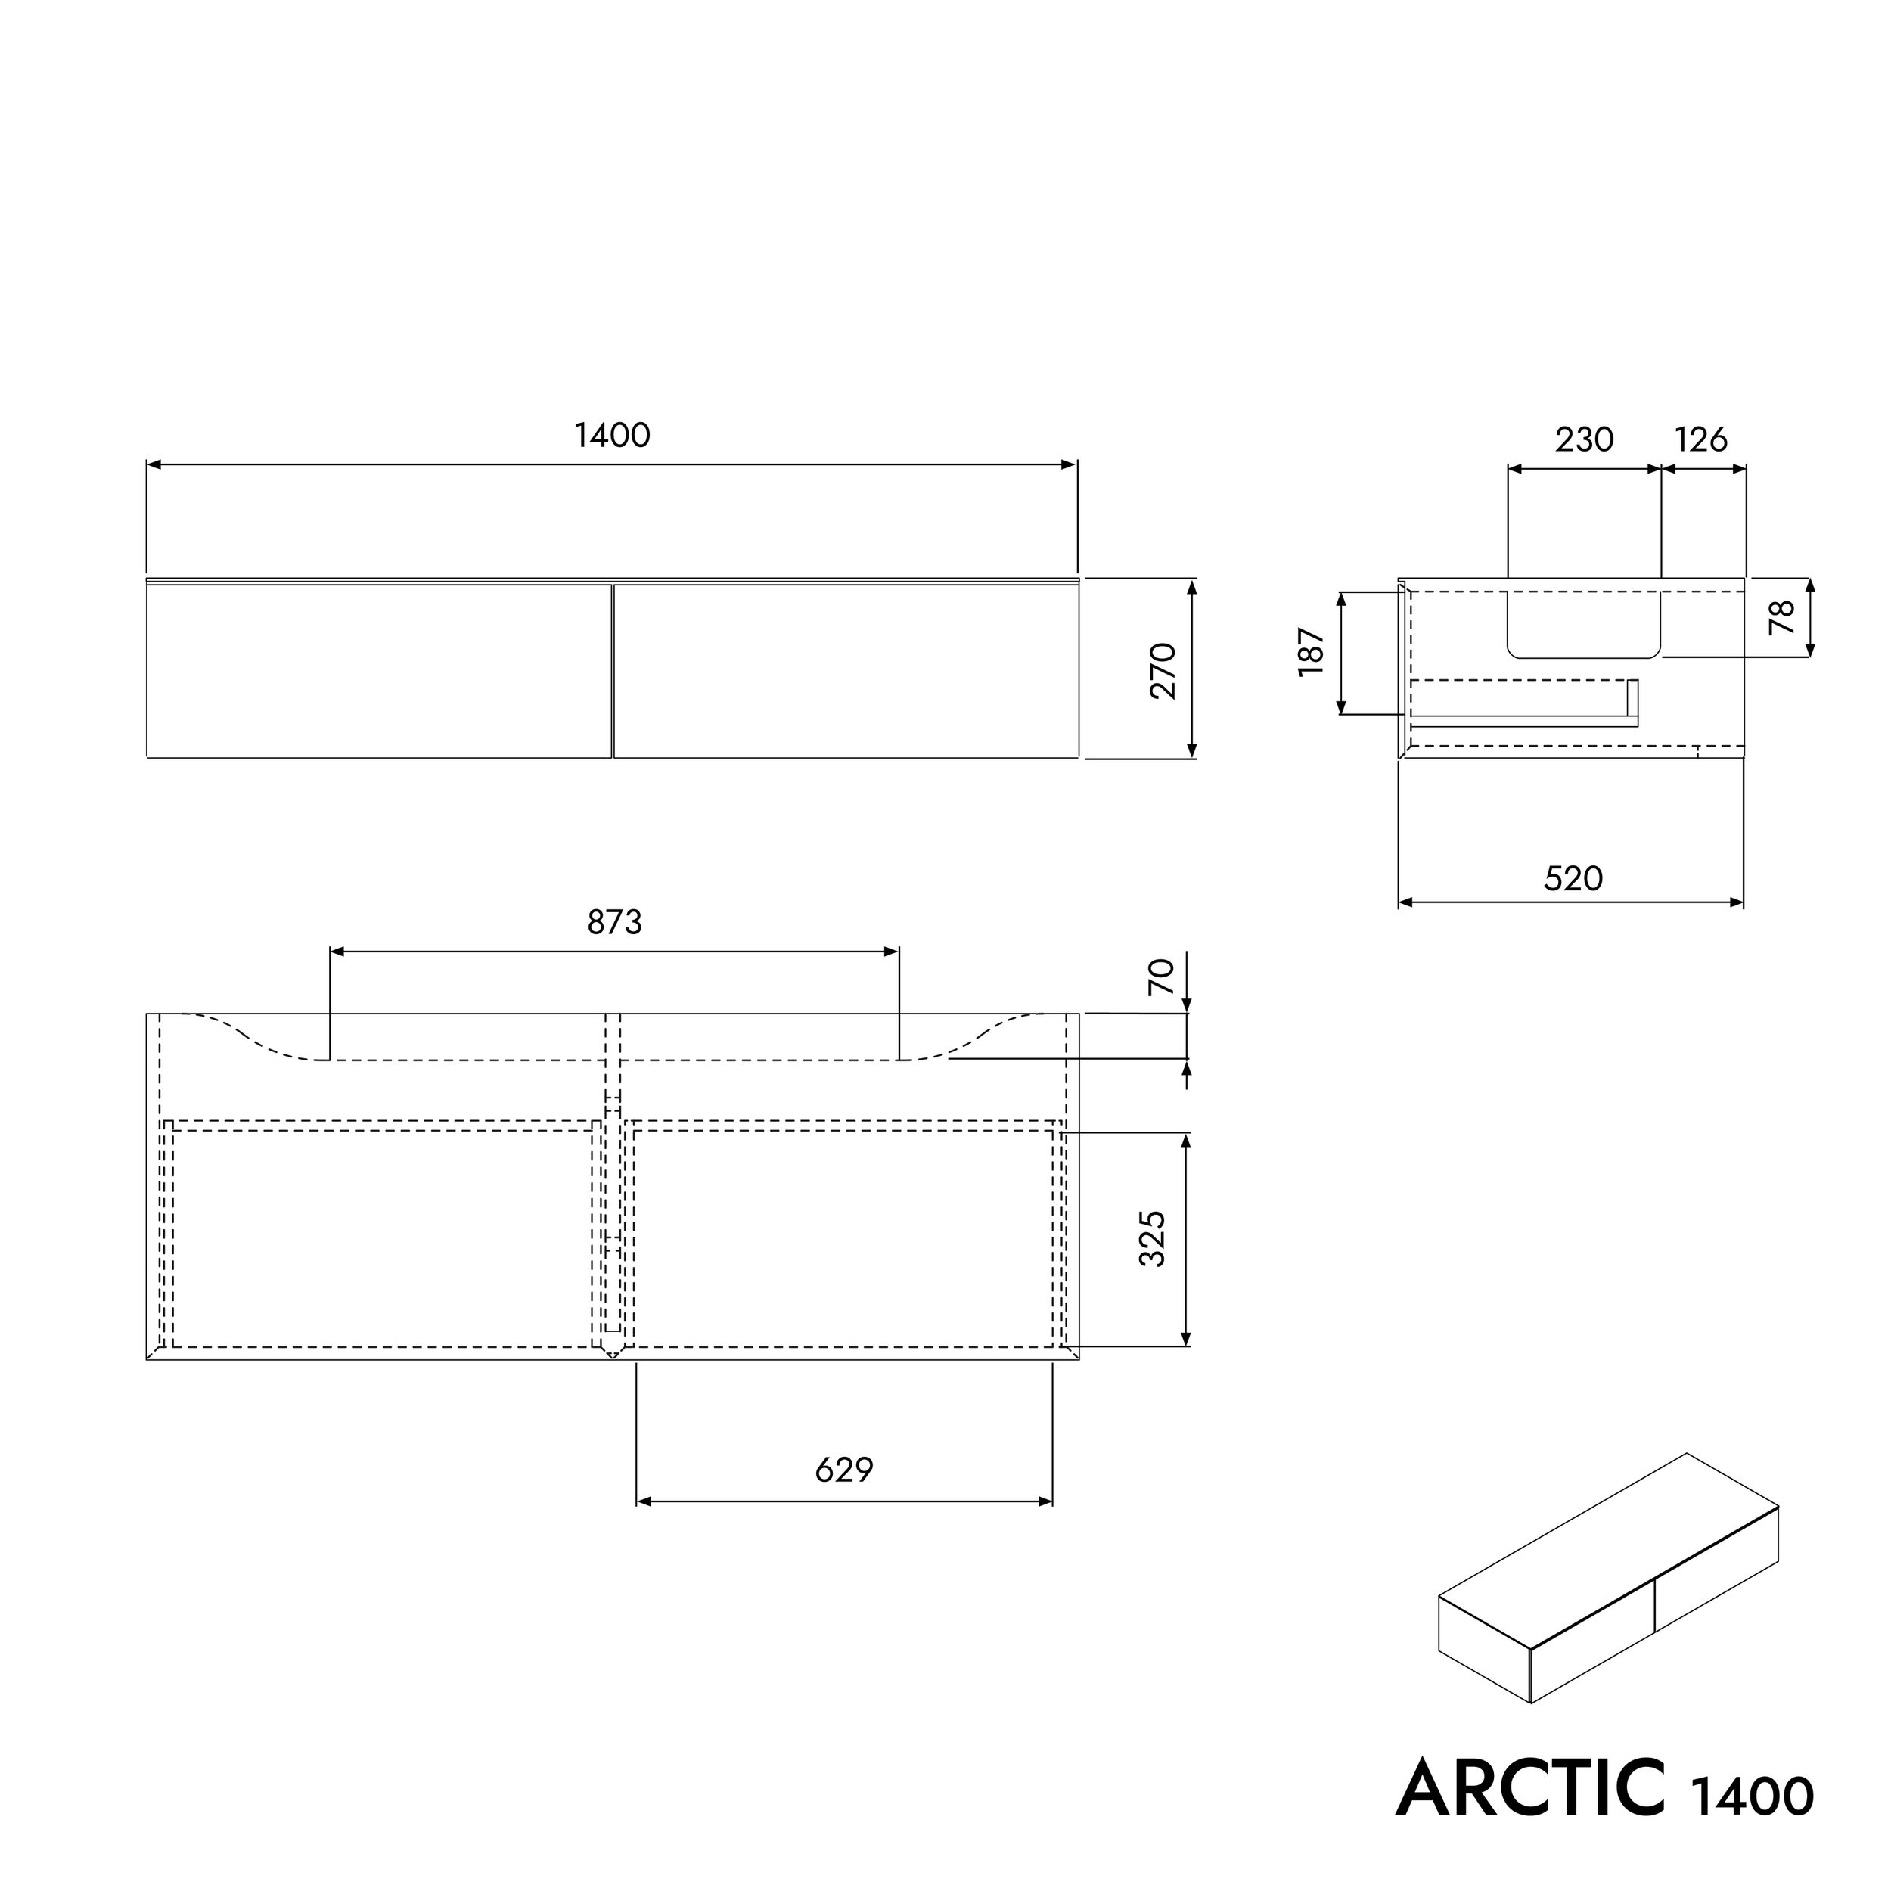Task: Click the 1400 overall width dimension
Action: point(612,436)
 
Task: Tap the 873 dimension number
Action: point(615,922)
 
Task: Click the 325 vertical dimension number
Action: point(1153,1238)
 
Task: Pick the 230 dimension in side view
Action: point(1584,439)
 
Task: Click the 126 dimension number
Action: point(1701,439)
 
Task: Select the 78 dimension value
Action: point(1782,616)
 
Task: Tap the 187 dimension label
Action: point(1311,652)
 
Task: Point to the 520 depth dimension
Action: point(1573,878)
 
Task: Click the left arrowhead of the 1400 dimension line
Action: point(153,465)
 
